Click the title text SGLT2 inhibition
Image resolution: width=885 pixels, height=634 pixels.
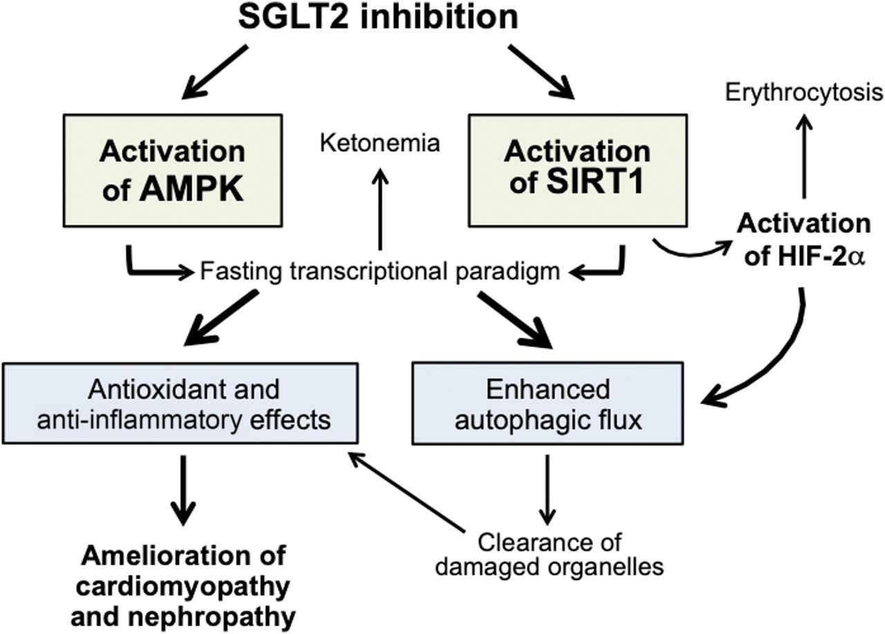pos(378,18)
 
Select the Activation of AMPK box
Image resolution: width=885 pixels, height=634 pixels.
pos(171,171)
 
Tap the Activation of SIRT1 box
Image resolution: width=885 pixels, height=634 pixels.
pos(577,171)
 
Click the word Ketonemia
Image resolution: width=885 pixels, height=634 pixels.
pos(380,144)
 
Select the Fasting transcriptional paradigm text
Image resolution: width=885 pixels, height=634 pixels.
pos(380,272)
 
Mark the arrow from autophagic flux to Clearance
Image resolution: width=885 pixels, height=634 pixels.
pos(548,487)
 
